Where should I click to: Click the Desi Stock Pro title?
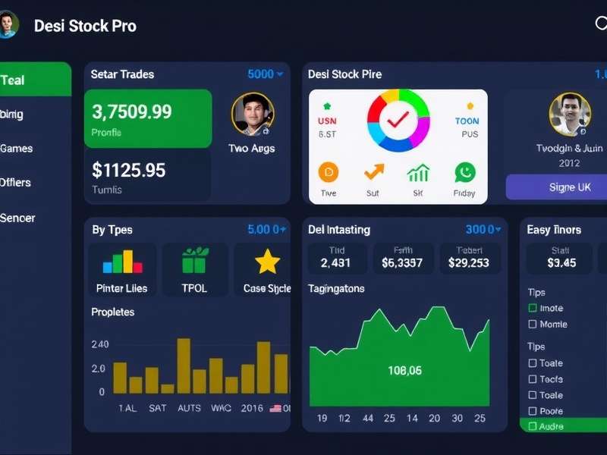click(x=85, y=26)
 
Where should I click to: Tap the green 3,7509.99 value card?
click(x=148, y=118)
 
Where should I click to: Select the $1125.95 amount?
click(x=128, y=170)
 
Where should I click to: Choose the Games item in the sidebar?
click(x=16, y=148)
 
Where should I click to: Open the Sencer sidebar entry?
click(x=17, y=218)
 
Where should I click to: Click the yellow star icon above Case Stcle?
click(x=267, y=262)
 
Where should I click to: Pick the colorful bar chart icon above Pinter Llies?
click(x=122, y=262)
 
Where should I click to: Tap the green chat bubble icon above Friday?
click(x=464, y=173)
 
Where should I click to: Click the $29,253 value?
click(x=468, y=263)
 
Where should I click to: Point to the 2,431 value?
click(x=336, y=263)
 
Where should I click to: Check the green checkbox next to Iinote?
click(x=533, y=308)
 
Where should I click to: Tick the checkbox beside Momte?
click(x=533, y=325)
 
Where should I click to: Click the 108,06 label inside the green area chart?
click(x=404, y=371)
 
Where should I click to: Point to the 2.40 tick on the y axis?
click(x=99, y=344)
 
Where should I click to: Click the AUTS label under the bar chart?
click(x=189, y=408)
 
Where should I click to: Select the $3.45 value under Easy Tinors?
click(x=561, y=263)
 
